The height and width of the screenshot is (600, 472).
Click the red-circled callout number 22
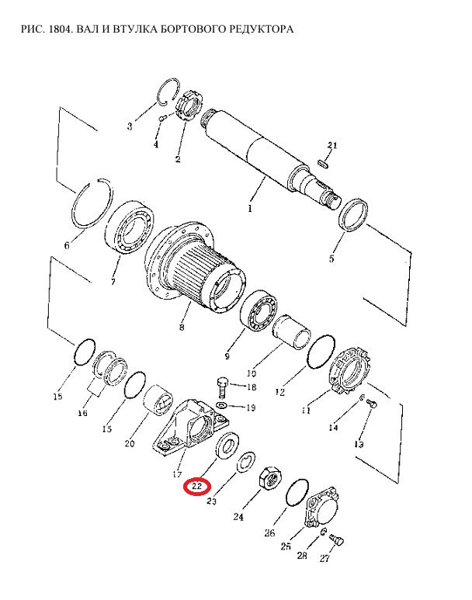tap(196, 487)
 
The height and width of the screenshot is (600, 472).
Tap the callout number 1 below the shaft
tap(250, 209)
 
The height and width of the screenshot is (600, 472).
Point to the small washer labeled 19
tap(221, 406)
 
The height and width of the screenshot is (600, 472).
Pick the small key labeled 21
tap(324, 163)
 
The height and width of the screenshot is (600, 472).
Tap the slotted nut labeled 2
tap(189, 106)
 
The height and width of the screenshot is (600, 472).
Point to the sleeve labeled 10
tap(291, 331)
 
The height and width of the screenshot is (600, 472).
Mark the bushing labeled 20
tap(158, 400)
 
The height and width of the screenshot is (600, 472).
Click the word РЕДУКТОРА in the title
tap(253, 29)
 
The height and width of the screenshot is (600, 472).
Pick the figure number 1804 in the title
tap(61, 29)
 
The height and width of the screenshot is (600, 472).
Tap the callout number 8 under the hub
tap(182, 328)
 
